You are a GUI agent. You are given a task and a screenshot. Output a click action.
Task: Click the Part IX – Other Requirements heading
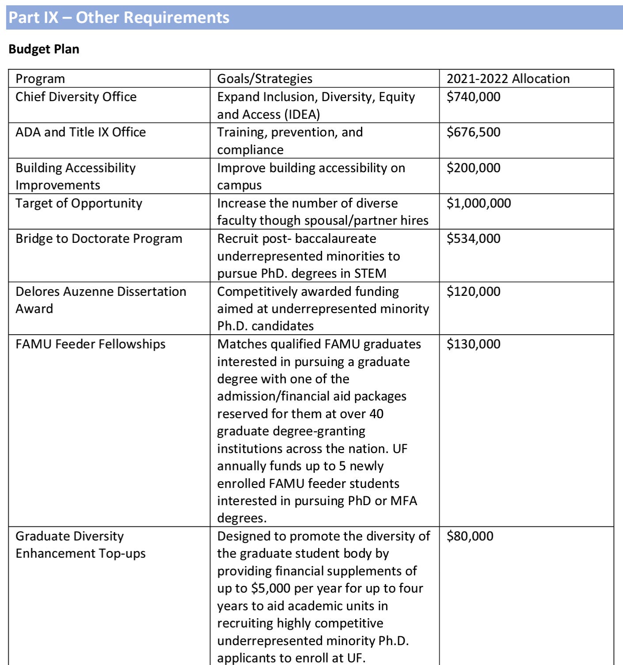click(x=119, y=18)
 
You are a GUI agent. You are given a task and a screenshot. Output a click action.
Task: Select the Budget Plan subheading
click(x=44, y=49)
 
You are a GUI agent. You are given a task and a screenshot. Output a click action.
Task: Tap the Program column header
click(x=40, y=79)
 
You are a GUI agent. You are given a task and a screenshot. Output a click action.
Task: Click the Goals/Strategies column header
click(x=265, y=79)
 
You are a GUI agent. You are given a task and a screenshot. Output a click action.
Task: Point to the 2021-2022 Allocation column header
click(x=508, y=79)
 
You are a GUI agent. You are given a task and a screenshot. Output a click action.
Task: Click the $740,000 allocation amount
click(x=473, y=97)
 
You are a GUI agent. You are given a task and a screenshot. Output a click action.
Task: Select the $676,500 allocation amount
click(x=473, y=132)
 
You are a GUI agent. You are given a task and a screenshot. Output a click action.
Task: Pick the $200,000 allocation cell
click(x=473, y=168)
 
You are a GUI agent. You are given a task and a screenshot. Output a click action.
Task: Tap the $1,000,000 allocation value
click(x=479, y=203)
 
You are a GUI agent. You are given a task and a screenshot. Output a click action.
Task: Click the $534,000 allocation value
click(x=473, y=238)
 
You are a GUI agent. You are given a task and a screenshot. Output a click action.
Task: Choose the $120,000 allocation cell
click(x=473, y=291)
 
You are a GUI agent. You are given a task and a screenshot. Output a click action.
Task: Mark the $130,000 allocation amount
click(x=473, y=344)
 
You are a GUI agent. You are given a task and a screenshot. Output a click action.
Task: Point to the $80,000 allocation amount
click(x=470, y=536)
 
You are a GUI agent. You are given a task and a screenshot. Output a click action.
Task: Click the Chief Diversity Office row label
click(x=76, y=97)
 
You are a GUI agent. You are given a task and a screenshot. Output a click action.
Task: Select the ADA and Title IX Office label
click(x=80, y=132)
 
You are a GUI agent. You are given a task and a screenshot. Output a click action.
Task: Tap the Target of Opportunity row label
click(x=79, y=203)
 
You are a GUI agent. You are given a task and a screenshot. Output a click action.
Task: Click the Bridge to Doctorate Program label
click(x=99, y=238)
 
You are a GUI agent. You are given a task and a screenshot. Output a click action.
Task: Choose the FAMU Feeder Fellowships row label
click(x=90, y=344)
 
